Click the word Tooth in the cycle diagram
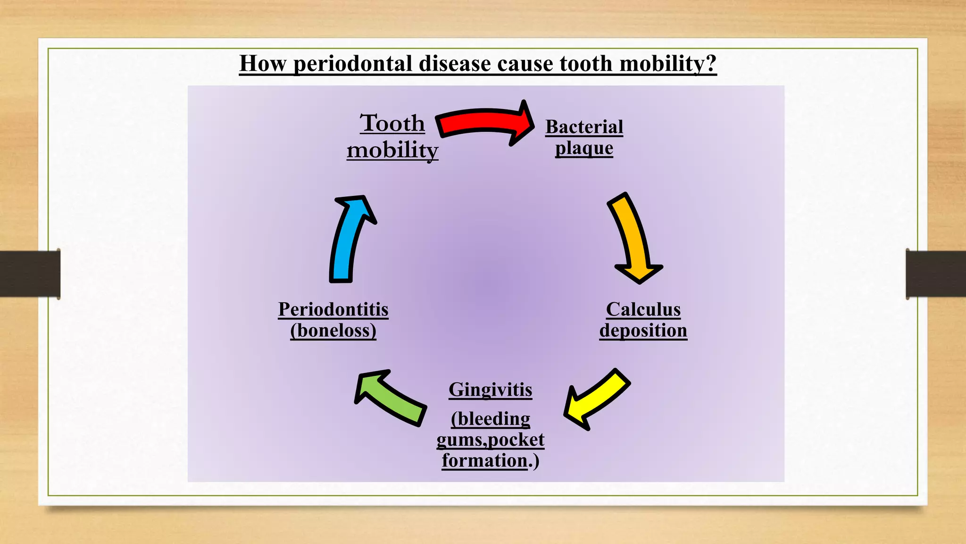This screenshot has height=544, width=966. coord(392,124)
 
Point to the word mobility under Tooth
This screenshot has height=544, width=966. coord(392,150)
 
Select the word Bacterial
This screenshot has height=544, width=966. coord(584,127)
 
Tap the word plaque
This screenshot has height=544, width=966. coord(584,148)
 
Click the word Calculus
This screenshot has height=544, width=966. coord(643,310)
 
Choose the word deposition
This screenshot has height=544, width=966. coord(643,331)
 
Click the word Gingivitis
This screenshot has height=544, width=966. coord(490,390)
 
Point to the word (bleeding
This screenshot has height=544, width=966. coord(490,419)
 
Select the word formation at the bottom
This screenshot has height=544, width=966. coord(484,460)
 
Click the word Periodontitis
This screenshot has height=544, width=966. coord(333,310)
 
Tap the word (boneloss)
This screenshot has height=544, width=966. coord(333,331)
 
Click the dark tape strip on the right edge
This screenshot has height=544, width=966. coord(936,274)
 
